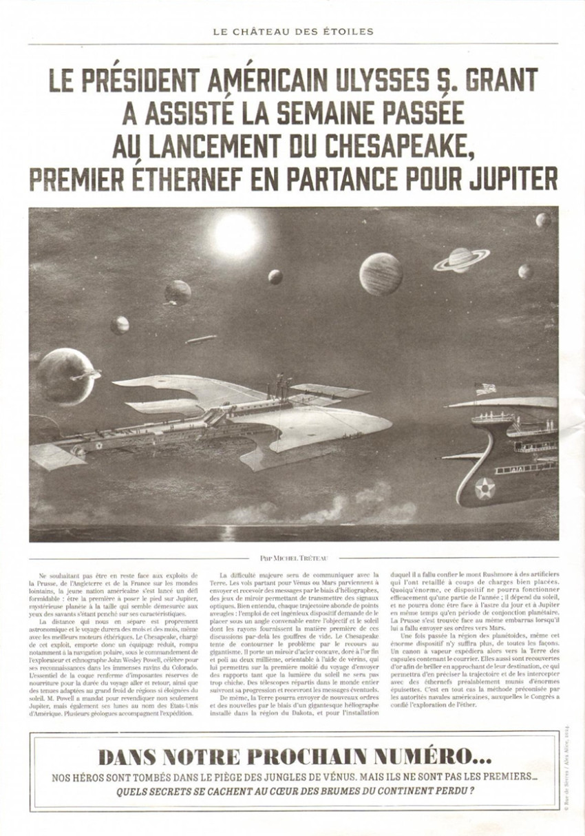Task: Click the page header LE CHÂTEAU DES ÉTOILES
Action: tap(292, 31)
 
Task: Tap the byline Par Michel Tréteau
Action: tap(292, 558)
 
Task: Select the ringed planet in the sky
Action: tap(461, 259)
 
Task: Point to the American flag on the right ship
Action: tap(485, 388)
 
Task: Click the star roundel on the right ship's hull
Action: tap(485, 488)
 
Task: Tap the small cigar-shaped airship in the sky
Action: tap(200, 339)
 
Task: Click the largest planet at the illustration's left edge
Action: tap(65, 376)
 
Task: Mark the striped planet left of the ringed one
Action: tap(381, 273)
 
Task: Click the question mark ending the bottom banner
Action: tap(472, 791)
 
